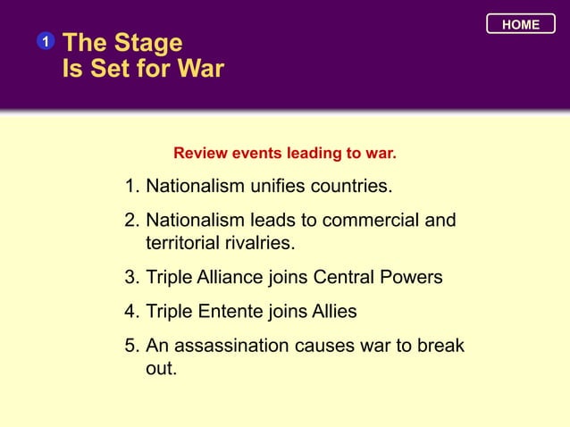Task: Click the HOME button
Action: click(521, 25)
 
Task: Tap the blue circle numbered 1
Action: click(45, 42)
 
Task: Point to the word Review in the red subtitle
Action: click(201, 154)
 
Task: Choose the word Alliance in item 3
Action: click(226, 278)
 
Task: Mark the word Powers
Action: click(413, 278)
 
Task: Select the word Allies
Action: click(332, 312)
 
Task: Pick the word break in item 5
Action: click(440, 346)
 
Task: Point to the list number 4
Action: click(130, 312)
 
